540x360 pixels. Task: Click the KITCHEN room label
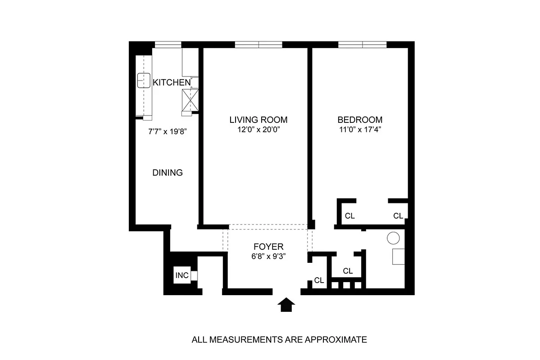[x=172, y=82]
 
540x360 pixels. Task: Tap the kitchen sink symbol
[x=144, y=80]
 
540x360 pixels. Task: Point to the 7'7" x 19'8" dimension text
[x=168, y=132]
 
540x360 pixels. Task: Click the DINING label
[x=167, y=172]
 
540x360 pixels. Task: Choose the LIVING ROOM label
[x=258, y=120]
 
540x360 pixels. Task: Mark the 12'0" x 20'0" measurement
[x=258, y=130]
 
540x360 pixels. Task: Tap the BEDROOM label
[x=360, y=120]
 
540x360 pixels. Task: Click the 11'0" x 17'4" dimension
[x=360, y=130]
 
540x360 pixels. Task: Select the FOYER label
[x=268, y=247]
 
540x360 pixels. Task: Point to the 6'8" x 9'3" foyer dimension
[x=268, y=256]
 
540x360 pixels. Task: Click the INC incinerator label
[x=182, y=275]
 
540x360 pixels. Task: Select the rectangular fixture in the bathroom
[x=398, y=256]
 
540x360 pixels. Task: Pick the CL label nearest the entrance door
[x=319, y=280]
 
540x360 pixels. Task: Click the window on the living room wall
[x=259, y=44]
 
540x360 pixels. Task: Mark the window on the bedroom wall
[x=363, y=44]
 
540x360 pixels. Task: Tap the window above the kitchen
[x=168, y=44]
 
